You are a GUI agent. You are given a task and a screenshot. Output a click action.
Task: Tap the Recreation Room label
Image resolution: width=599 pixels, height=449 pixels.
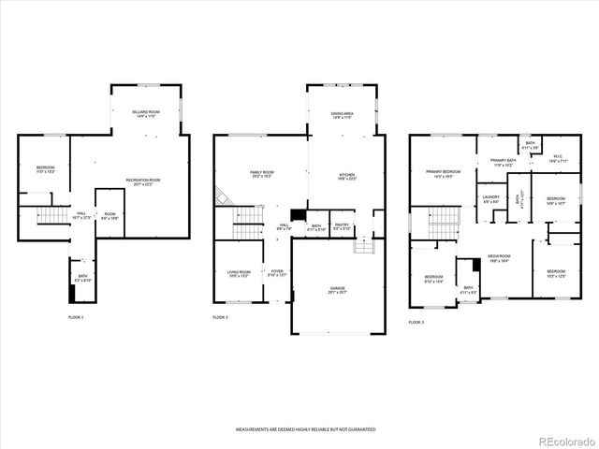(x=144, y=181)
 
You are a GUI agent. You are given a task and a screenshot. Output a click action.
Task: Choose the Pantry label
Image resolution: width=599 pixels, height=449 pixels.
(x=342, y=226)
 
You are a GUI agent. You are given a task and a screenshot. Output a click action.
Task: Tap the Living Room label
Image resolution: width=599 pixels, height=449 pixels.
(x=239, y=273)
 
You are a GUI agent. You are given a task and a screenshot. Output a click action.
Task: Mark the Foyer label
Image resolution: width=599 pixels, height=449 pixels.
(x=276, y=273)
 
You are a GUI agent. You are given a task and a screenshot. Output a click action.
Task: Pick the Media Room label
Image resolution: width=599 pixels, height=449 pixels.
(x=497, y=258)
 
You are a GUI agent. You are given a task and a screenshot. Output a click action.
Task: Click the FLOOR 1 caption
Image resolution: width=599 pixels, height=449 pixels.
(x=76, y=318)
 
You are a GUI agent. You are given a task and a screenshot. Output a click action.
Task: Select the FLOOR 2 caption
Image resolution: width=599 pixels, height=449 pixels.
(x=220, y=318)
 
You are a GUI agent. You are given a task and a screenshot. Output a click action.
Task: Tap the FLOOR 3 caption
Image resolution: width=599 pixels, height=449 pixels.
(x=416, y=322)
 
